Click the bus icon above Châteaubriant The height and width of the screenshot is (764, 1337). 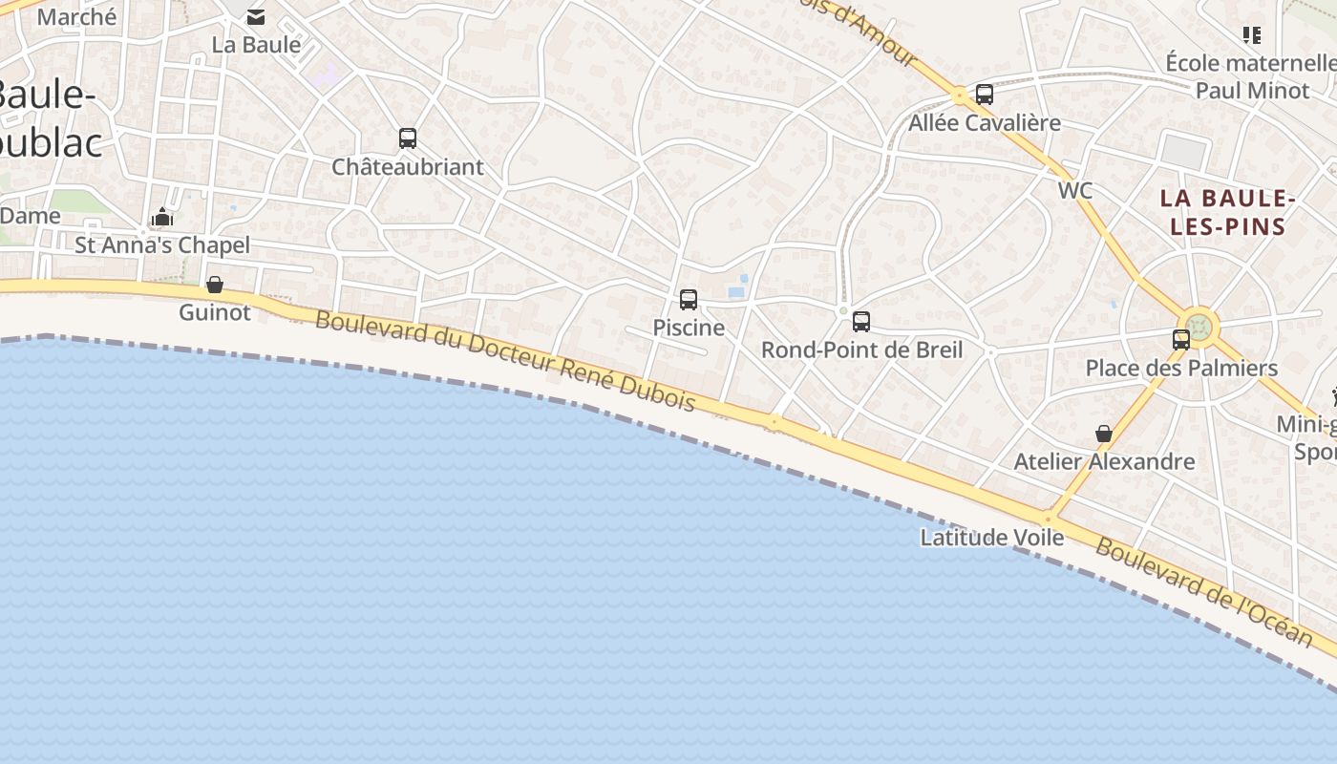tap(408, 138)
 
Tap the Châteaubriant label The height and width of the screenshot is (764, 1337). tap(408, 167)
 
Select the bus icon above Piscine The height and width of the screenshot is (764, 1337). tap(689, 300)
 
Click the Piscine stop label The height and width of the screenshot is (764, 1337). tap(689, 328)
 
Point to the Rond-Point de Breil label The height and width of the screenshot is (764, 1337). tap(861, 350)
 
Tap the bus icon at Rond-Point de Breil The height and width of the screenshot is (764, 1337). tap(861, 322)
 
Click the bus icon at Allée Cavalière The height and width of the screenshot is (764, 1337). tap(985, 95)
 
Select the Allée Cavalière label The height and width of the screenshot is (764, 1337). tap(985, 122)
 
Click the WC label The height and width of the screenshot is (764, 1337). tap(1074, 190)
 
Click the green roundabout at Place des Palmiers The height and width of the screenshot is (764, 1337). tap(1199, 326)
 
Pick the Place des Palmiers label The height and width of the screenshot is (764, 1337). tap(1181, 368)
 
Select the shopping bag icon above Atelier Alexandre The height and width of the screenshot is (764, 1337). tap(1104, 434)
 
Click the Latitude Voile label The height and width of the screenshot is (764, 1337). tap(992, 538)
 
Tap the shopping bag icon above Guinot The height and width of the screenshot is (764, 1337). tap(215, 285)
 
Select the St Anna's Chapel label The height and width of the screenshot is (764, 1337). tap(162, 245)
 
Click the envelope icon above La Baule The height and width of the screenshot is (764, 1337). tap(256, 17)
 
